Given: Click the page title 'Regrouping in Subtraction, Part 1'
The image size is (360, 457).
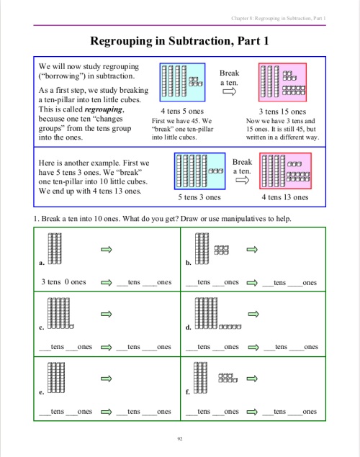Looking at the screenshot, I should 180,42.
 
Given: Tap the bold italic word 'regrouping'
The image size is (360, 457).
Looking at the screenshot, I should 104,109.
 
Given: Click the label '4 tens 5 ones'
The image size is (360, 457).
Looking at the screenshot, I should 182,112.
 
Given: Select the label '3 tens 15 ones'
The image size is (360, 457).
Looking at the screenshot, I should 282,112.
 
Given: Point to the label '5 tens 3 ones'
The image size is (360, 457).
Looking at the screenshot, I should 199,196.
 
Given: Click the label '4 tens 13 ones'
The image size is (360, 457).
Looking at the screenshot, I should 285,196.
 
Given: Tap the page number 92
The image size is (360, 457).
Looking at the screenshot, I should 180,437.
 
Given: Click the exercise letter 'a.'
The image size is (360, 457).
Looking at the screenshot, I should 42,263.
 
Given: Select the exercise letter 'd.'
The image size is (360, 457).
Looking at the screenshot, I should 188,327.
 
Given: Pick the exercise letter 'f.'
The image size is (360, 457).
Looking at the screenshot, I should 188,392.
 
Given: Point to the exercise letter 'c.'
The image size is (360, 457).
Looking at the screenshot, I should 42,327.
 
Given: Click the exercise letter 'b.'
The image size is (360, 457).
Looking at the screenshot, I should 188,263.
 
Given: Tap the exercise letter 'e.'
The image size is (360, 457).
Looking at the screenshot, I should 42,392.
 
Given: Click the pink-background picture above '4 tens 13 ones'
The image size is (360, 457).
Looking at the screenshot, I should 286,171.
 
